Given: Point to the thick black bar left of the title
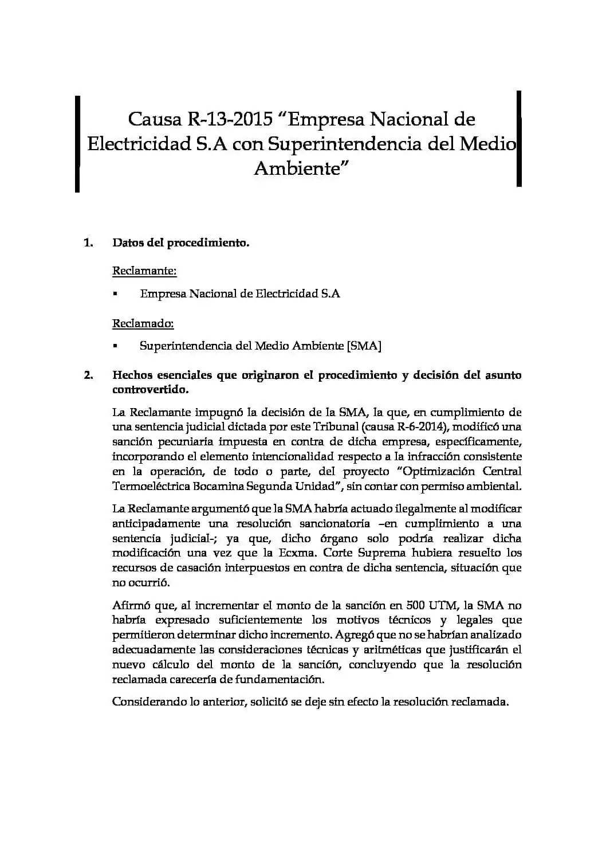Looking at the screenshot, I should tap(77, 143).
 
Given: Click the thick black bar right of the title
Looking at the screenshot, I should tap(519, 139).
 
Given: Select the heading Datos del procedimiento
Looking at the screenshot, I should tap(180, 242).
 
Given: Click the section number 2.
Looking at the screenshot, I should tap(88, 375).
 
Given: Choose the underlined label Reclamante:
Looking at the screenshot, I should tap(144, 271).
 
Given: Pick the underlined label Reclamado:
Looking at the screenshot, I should tap(143, 323).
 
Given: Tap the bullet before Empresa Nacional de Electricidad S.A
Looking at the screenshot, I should tap(115, 294).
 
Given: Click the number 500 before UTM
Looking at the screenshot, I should tap(416, 605).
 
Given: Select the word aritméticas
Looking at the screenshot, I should tap(393, 650).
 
